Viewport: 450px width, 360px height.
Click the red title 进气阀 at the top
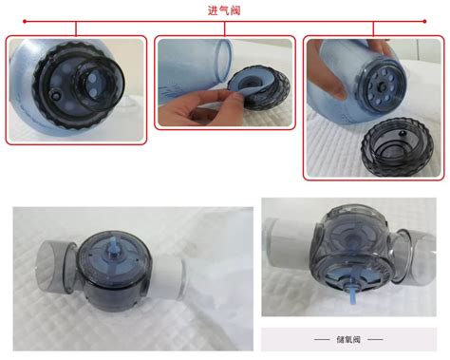pos(224,10)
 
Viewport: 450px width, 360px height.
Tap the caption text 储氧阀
pos(348,339)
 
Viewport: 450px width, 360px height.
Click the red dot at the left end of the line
pos(25,22)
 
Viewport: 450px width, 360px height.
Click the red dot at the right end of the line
pos(424,22)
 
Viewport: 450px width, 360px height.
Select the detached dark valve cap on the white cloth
pos(397,146)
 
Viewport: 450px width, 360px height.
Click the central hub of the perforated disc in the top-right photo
pos(383,86)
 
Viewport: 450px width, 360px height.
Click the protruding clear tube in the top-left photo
pos(99,84)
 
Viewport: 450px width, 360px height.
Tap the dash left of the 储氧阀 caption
pos(322,339)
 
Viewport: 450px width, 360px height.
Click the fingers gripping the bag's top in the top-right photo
pos(379,46)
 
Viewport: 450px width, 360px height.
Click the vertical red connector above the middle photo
pos(224,28)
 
